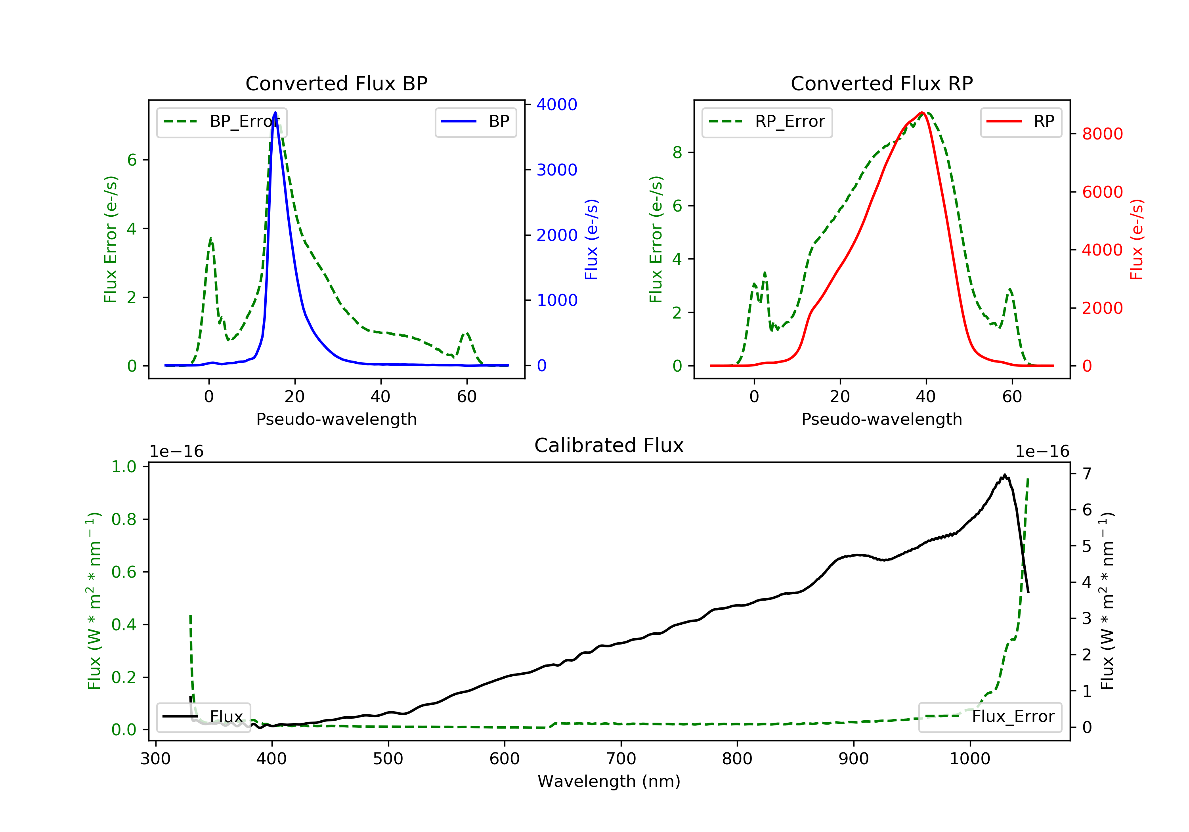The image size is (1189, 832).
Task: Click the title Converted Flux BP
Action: click(x=336, y=83)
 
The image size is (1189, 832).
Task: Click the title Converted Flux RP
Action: click(x=881, y=83)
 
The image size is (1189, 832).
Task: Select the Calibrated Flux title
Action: click(x=609, y=445)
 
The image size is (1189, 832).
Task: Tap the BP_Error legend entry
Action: click(x=222, y=122)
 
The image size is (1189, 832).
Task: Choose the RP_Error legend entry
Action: click(x=767, y=122)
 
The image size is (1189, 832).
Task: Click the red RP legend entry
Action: click(x=1021, y=122)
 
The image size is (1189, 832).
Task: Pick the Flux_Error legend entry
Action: click(x=990, y=717)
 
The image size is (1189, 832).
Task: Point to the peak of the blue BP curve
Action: click(x=275, y=113)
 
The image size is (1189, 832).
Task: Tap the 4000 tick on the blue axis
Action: click(x=557, y=105)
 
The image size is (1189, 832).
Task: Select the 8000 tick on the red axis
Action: click(x=1103, y=134)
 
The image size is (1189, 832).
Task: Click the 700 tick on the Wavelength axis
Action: click(x=621, y=759)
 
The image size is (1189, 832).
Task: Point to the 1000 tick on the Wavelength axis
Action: click(x=970, y=759)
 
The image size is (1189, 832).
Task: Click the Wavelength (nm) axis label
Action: click(x=609, y=781)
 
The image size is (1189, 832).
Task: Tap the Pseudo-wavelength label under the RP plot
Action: click(x=881, y=419)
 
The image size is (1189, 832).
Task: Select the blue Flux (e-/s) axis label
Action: click(x=591, y=239)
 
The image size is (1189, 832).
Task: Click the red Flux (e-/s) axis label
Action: click(x=1137, y=239)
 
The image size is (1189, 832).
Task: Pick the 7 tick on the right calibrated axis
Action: click(x=1087, y=474)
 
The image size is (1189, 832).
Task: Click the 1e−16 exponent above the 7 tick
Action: click(x=1042, y=452)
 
